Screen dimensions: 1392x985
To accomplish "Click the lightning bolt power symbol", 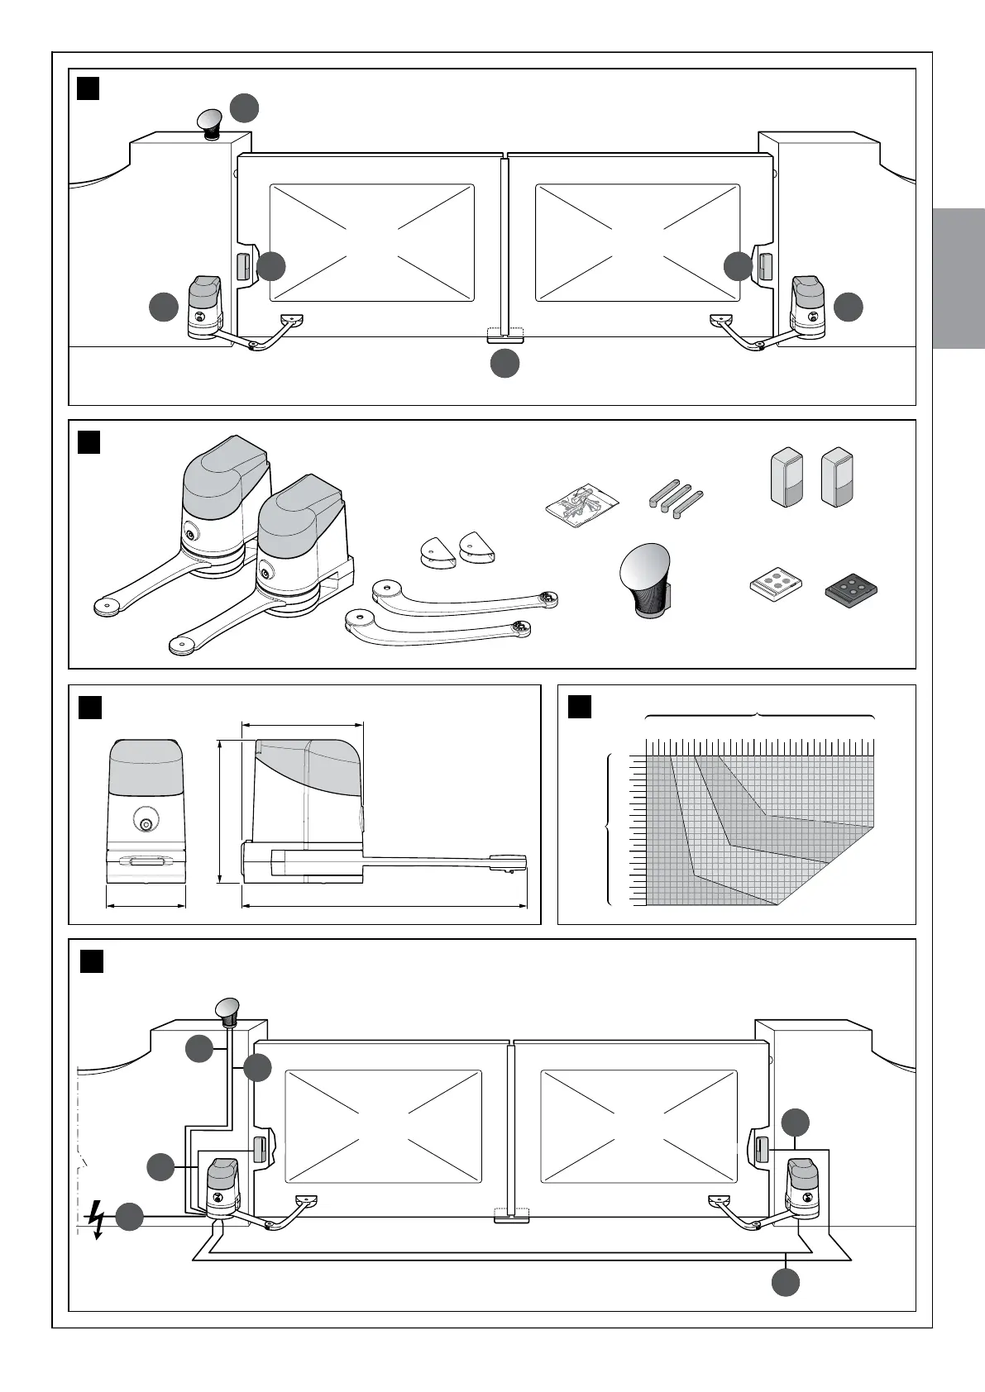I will pyautogui.click(x=98, y=1220).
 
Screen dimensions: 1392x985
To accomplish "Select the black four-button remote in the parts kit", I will pyautogui.click(x=850, y=589).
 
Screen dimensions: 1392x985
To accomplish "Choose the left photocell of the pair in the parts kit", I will pyautogui.click(x=787, y=477).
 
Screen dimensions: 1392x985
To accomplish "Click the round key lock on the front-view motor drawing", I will pyautogui.click(x=146, y=823).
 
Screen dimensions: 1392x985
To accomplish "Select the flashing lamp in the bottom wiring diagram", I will pyautogui.click(x=228, y=1010).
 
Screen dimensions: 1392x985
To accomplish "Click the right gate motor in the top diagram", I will pyautogui.click(x=808, y=308).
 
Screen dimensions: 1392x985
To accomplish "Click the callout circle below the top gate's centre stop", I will pyautogui.click(x=504, y=365).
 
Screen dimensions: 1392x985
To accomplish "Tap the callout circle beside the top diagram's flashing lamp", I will pyautogui.click(x=244, y=107).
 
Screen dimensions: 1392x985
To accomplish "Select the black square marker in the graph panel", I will pyautogui.click(x=580, y=707).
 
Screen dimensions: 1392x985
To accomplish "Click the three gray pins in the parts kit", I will pyautogui.click(x=675, y=500).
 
